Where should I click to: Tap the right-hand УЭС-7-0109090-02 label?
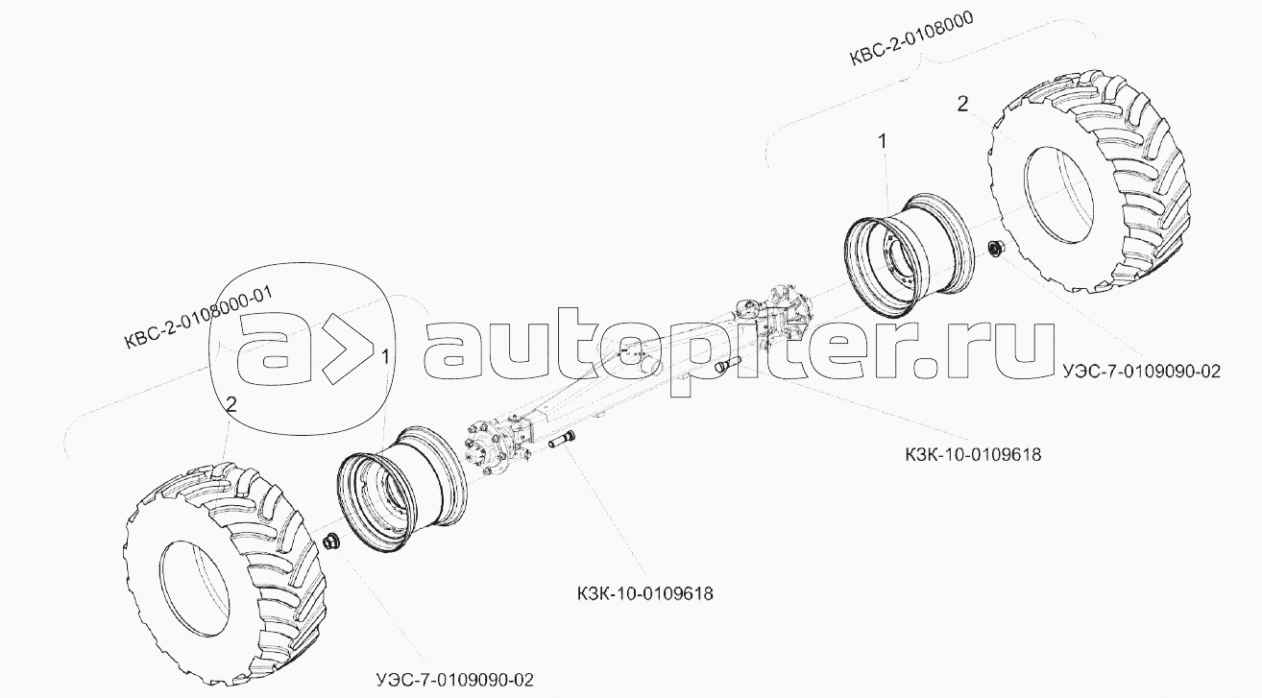coord(1142,372)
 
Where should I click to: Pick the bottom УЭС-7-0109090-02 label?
coord(454,680)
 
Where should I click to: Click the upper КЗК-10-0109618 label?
coord(973,455)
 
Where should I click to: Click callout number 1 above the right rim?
coord(883,141)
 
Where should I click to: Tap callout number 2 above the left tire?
coord(231,403)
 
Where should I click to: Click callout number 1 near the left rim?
coord(386,356)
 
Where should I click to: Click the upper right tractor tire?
coord(1091,189)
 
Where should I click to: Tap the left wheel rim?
coord(400,490)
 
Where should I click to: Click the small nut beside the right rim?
coord(996,249)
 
